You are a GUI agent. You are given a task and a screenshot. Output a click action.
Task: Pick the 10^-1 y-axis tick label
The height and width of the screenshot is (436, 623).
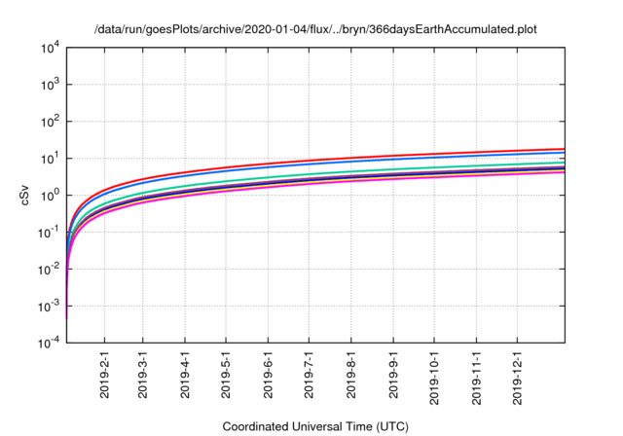click(46, 233)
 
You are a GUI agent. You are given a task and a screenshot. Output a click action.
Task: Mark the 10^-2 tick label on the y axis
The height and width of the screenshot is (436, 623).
click(46, 270)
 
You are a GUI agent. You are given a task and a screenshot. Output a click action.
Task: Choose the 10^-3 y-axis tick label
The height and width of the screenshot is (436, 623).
click(46, 307)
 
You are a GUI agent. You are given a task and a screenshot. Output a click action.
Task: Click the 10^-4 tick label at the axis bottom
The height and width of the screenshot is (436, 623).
click(46, 344)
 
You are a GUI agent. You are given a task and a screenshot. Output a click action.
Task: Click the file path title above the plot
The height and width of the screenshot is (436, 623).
click(316, 29)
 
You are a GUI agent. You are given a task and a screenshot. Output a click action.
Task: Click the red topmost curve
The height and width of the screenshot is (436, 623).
click(389, 157)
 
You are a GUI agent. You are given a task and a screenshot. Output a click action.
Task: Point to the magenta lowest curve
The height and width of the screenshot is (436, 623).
click(389, 181)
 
